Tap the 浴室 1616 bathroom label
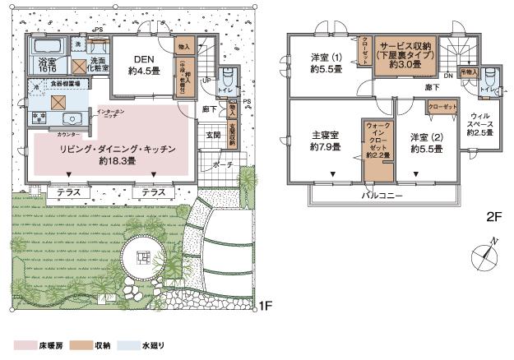click(x=44, y=67)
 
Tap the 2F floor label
click(x=493, y=217)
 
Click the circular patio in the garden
click(x=145, y=261)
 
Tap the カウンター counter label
click(x=70, y=132)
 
